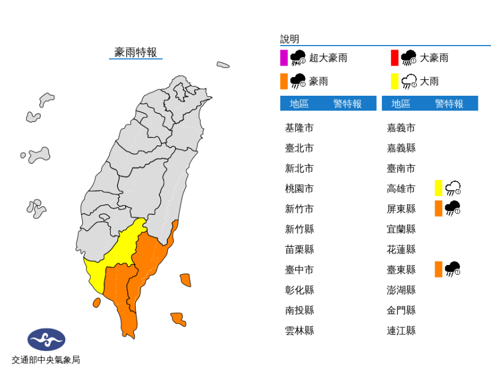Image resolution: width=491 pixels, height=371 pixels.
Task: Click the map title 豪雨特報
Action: click(x=135, y=52)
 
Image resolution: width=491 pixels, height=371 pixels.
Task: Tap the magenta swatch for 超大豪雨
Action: click(x=284, y=58)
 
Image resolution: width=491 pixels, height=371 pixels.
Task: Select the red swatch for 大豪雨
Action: click(x=395, y=58)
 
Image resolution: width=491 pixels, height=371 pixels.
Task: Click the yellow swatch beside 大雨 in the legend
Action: click(x=395, y=81)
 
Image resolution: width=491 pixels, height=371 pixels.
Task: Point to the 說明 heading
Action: click(x=289, y=39)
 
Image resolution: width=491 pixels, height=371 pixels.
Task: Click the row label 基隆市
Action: click(x=299, y=128)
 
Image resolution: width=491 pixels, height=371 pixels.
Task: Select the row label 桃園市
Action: click(x=299, y=189)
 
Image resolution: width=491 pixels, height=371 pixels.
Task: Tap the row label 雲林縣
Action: click(x=299, y=331)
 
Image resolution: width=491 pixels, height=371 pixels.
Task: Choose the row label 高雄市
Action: click(x=401, y=189)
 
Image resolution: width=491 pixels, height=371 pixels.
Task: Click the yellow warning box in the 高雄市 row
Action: click(x=438, y=188)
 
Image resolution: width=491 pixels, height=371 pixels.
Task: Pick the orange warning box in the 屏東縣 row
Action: click(x=438, y=208)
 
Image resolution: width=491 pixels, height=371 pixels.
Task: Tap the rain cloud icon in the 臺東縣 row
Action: click(x=453, y=269)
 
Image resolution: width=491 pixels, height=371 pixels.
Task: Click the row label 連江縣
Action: click(x=401, y=331)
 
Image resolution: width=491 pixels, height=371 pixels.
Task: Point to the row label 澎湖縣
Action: click(x=401, y=290)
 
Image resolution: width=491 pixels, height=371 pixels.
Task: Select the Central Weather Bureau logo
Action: click(x=46, y=340)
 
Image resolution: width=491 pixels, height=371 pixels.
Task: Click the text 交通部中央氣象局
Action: click(x=46, y=360)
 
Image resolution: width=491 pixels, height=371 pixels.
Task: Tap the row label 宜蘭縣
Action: click(x=401, y=229)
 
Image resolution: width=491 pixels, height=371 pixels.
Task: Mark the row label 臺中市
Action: click(x=299, y=270)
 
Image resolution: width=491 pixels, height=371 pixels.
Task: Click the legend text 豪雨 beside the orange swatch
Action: click(x=319, y=81)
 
